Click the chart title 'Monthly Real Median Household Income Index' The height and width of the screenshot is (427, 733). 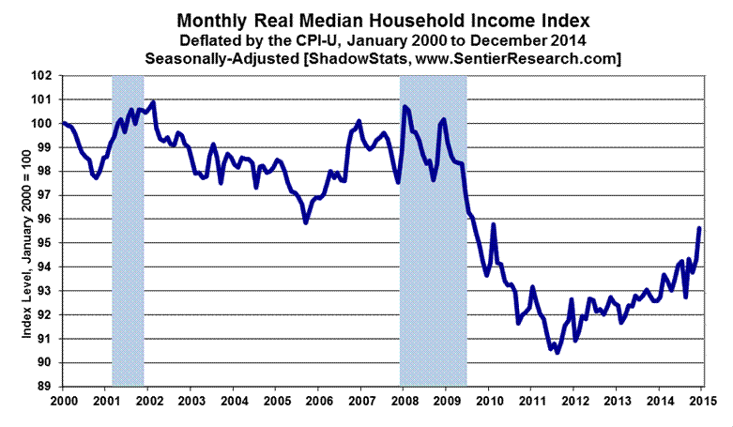pyautogui.click(x=367, y=20)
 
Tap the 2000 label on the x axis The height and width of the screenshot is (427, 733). pyautogui.click(x=62, y=401)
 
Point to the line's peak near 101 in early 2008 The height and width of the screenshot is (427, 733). pyautogui.click(x=405, y=107)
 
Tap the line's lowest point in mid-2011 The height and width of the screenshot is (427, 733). pyautogui.click(x=557, y=353)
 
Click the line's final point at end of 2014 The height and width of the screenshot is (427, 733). pyautogui.click(x=698, y=228)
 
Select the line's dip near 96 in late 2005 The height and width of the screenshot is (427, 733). pyautogui.click(x=306, y=221)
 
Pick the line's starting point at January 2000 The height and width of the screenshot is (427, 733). pyautogui.click(x=63, y=123)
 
